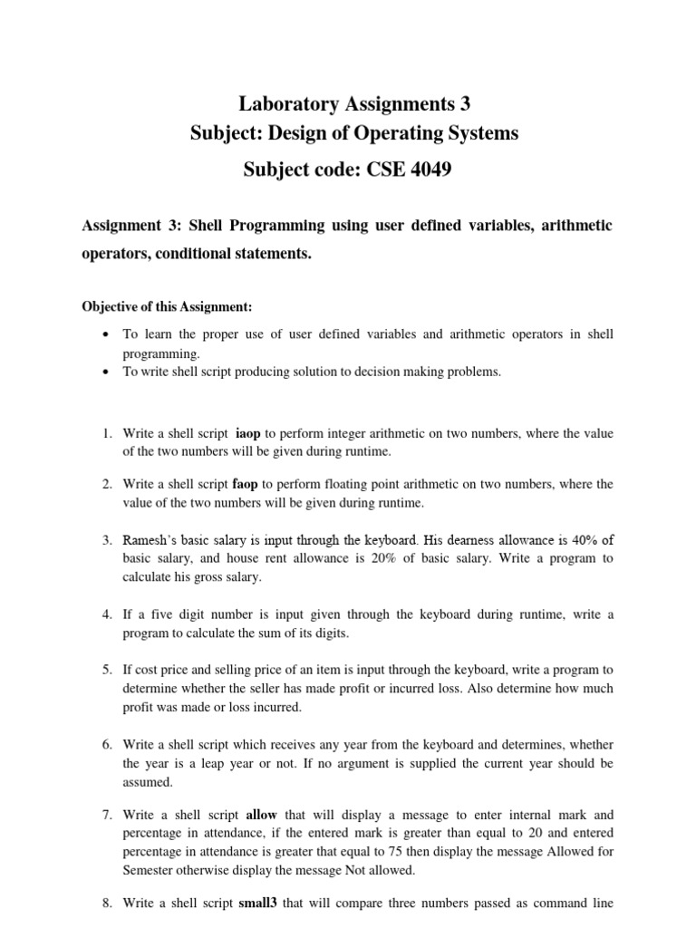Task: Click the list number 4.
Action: pos(105,614)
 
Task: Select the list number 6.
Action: pos(105,746)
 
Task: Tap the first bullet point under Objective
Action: pos(109,335)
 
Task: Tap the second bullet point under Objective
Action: pos(109,372)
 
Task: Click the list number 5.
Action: pos(105,671)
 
